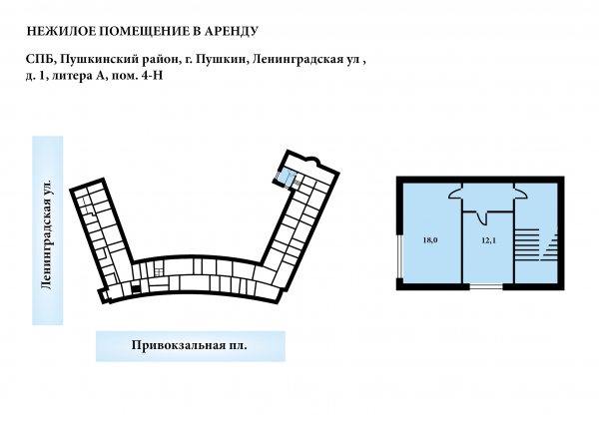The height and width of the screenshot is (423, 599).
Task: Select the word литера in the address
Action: pos(70,75)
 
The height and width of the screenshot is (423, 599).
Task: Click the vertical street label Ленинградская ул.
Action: pos(47,233)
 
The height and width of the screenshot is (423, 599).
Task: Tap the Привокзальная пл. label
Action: pos(189,345)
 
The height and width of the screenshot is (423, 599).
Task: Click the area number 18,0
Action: pos(430,240)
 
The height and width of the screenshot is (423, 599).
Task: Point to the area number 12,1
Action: pos(488,240)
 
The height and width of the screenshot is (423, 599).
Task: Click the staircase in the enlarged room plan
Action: pos(536,244)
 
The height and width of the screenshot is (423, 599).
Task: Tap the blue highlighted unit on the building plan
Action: pos(286,176)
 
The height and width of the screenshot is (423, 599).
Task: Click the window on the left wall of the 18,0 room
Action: pos(399,255)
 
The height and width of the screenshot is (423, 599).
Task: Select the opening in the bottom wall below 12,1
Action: pos(486,286)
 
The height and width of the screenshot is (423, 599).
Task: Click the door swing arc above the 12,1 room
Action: pos(482,218)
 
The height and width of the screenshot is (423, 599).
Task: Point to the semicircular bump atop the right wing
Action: pos(312,162)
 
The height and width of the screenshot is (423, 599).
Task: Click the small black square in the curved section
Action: pos(136,289)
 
